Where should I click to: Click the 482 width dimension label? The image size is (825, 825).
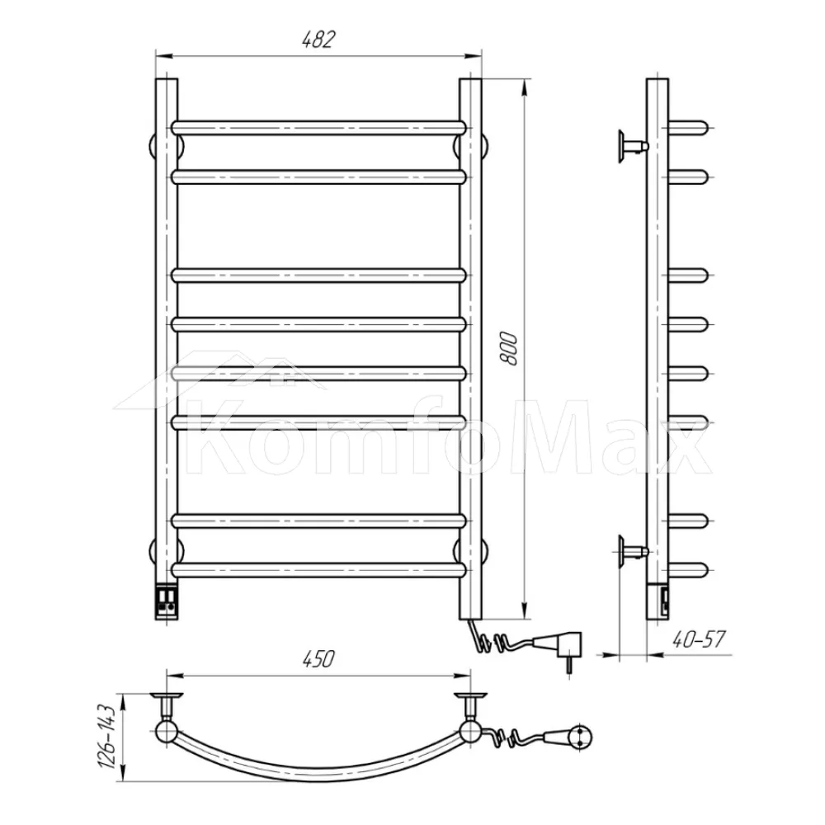coord(318,40)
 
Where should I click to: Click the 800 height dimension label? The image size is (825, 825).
coord(509,348)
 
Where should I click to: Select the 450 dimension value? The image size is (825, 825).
coord(318,658)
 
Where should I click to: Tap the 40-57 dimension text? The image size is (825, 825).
coord(699,639)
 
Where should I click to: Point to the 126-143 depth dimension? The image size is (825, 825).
coord(106,736)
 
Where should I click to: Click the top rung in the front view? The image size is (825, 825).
coord(318,128)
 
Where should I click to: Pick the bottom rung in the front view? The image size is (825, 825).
coord(318,570)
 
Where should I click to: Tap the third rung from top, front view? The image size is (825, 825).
coord(318,276)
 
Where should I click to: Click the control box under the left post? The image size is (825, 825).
coord(167,600)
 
